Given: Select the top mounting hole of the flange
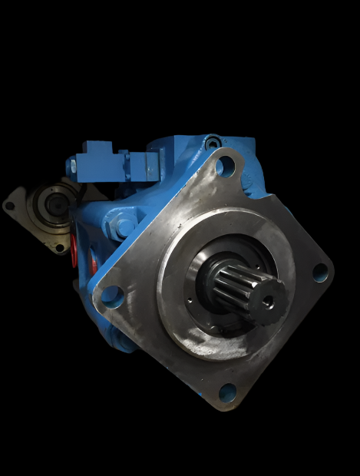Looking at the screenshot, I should [224, 165].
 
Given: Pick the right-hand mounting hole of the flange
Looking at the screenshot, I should [320, 272].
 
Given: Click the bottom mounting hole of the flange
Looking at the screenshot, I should [228, 393].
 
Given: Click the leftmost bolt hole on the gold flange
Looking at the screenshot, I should [10, 205].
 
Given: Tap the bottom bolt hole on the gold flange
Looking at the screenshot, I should [58, 247].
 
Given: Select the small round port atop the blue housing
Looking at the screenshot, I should [213, 141].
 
